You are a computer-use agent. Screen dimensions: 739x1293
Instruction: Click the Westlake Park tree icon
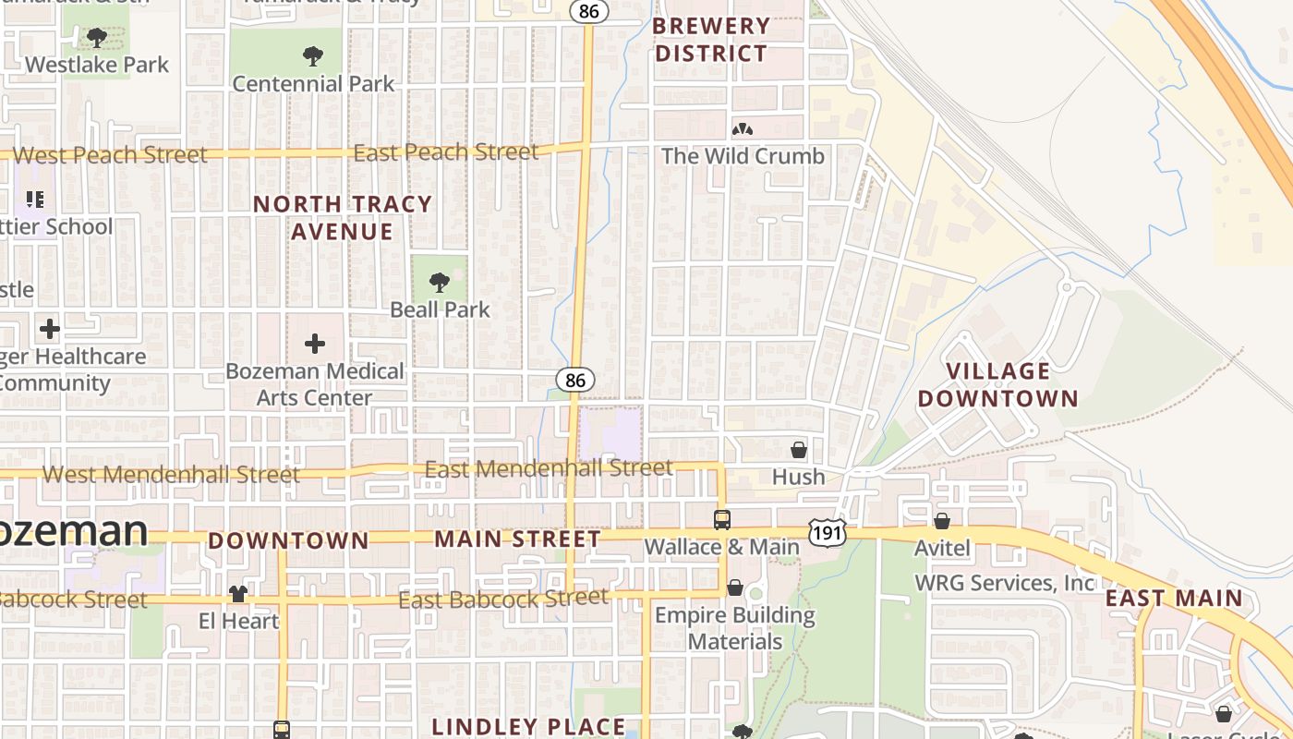pyautogui.click(x=96, y=38)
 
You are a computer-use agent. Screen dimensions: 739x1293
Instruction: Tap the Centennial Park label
pyautogui.click(x=313, y=83)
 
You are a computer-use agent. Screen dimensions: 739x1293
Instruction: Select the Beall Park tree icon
pyautogui.click(x=440, y=282)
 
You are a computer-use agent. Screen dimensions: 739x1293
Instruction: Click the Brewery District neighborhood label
pyautogui.click(x=710, y=40)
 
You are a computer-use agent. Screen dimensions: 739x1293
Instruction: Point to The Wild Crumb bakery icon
pyautogui.click(x=742, y=129)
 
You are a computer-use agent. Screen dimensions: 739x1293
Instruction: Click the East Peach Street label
pyautogui.click(x=445, y=152)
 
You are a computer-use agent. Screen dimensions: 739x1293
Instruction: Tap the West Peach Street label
pyautogui.click(x=111, y=155)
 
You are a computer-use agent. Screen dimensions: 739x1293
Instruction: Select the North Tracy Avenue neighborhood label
pyautogui.click(x=343, y=218)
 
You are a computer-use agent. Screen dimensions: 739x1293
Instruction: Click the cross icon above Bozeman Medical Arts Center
pyautogui.click(x=315, y=344)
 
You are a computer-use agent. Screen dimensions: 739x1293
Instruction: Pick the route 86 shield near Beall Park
pyautogui.click(x=575, y=380)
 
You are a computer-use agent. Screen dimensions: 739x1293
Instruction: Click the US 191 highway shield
pyautogui.click(x=827, y=530)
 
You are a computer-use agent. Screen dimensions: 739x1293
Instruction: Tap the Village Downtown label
pyautogui.click(x=997, y=385)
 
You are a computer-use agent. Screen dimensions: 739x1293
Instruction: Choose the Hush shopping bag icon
pyautogui.click(x=799, y=450)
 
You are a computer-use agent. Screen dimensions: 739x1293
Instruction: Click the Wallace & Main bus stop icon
pyautogui.click(x=722, y=519)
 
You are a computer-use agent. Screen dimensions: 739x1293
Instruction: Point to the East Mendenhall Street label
pyautogui.click(x=549, y=468)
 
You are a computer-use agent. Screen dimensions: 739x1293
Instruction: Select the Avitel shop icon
pyautogui.click(x=942, y=521)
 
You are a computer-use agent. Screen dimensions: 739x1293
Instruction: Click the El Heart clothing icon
pyautogui.click(x=238, y=593)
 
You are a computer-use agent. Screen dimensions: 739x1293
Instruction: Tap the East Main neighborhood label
pyautogui.click(x=1174, y=598)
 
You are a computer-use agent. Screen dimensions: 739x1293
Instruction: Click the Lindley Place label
pyautogui.click(x=528, y=726)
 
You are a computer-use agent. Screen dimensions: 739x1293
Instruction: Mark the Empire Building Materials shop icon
pyautogui.click(x=735, y=588)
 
